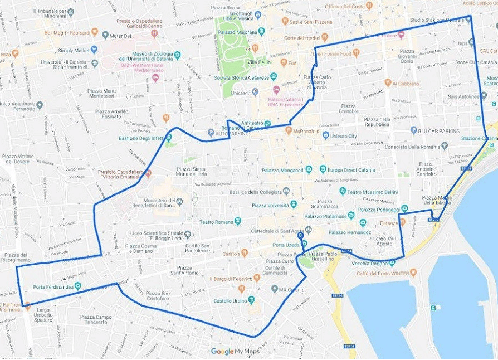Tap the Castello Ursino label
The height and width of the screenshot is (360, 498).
click(230, 301)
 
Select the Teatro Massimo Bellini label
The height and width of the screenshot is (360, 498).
click(373, 191)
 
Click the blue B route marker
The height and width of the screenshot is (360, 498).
click(301, 236)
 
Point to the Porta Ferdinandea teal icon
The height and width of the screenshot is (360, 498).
click(77, 286)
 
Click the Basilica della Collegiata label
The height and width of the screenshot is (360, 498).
click(254, 192)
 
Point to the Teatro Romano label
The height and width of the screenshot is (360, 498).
click(214, 222)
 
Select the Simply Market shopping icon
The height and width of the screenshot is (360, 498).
click(94, 50)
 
